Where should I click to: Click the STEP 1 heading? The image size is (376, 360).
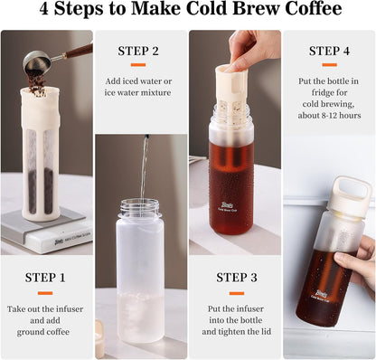pos(46,278)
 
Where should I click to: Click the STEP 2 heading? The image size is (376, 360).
pos(140,52)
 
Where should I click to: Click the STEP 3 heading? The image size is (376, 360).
pos(234,278)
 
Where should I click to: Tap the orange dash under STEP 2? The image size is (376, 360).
pos(140,65)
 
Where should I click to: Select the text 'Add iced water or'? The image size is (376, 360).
pos(140,81)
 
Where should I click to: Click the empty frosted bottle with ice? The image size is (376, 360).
pos(140,271)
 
